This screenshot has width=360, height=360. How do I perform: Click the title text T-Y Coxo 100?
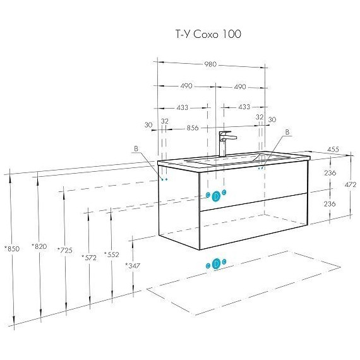click(x=208, y=35)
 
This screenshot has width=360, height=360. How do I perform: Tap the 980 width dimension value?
click(x=210, y=64)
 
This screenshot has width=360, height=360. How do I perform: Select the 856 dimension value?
click(x=193, y=128)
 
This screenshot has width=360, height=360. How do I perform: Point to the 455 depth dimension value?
click(x=333, y=150)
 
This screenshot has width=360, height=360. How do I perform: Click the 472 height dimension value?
click(x=351, y=184)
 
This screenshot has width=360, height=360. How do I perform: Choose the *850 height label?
click(x=13, y=249)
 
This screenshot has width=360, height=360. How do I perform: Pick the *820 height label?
click(x=39, y=246)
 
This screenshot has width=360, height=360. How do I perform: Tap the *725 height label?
click(x=65, y=250)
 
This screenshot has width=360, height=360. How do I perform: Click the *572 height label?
click(x=89, y=258)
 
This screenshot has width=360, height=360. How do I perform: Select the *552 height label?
click(x=112, y=255)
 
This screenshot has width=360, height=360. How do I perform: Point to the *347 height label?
click(x=133, y=266)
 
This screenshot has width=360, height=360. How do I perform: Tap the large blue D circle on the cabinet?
click(x=216, y=196)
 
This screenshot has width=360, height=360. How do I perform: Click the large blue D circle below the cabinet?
click(x=216, y=263)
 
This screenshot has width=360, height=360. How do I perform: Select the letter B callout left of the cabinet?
click(x=136, y=149)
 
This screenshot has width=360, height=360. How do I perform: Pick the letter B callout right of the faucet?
click(x=287, y=132)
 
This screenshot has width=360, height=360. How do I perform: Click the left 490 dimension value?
click(x=186, y=86)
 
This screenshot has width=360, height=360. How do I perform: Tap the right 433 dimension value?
click(x=244, y=107)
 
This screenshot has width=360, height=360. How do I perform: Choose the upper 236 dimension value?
click(x=330, y=172)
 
